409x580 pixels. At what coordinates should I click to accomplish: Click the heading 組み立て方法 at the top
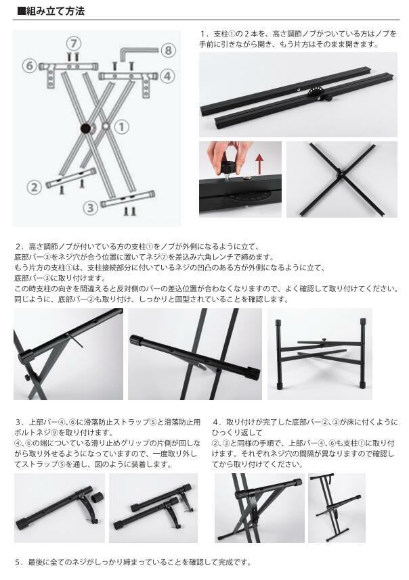point(56,11)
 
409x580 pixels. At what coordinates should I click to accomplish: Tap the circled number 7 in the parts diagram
point(74,44)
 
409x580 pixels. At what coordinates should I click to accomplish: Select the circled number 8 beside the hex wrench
point(169,50)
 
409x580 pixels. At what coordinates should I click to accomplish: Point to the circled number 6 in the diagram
point(30,66)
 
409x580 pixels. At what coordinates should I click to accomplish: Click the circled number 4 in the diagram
point(167,76)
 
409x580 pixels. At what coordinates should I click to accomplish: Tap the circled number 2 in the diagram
point(34,187)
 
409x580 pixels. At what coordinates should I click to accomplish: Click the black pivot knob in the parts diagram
point(86,128)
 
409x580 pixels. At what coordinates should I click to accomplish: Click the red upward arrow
point(260,164)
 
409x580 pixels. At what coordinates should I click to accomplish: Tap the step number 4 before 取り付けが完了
point(216,422)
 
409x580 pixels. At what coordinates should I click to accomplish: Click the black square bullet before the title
point(22,11)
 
